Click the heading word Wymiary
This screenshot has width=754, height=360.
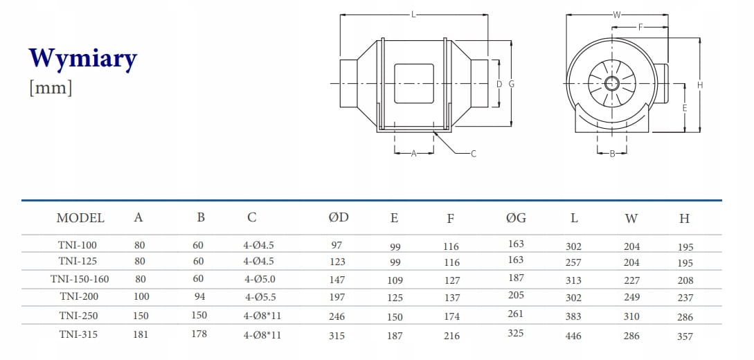pos(83,60)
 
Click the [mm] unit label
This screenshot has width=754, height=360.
pos(51,88)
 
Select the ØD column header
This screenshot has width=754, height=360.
pos(339,217)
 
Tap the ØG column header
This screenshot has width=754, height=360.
pos(516,217)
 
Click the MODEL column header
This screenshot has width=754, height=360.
pos(80,217)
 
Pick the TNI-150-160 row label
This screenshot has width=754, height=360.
pos(80,279)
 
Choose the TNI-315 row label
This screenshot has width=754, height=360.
pos(78,334)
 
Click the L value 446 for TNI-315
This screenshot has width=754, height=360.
pos(574,336)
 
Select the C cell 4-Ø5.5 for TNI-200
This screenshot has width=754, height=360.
pos(260,297)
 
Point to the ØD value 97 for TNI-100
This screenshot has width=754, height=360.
pos(336,245)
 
